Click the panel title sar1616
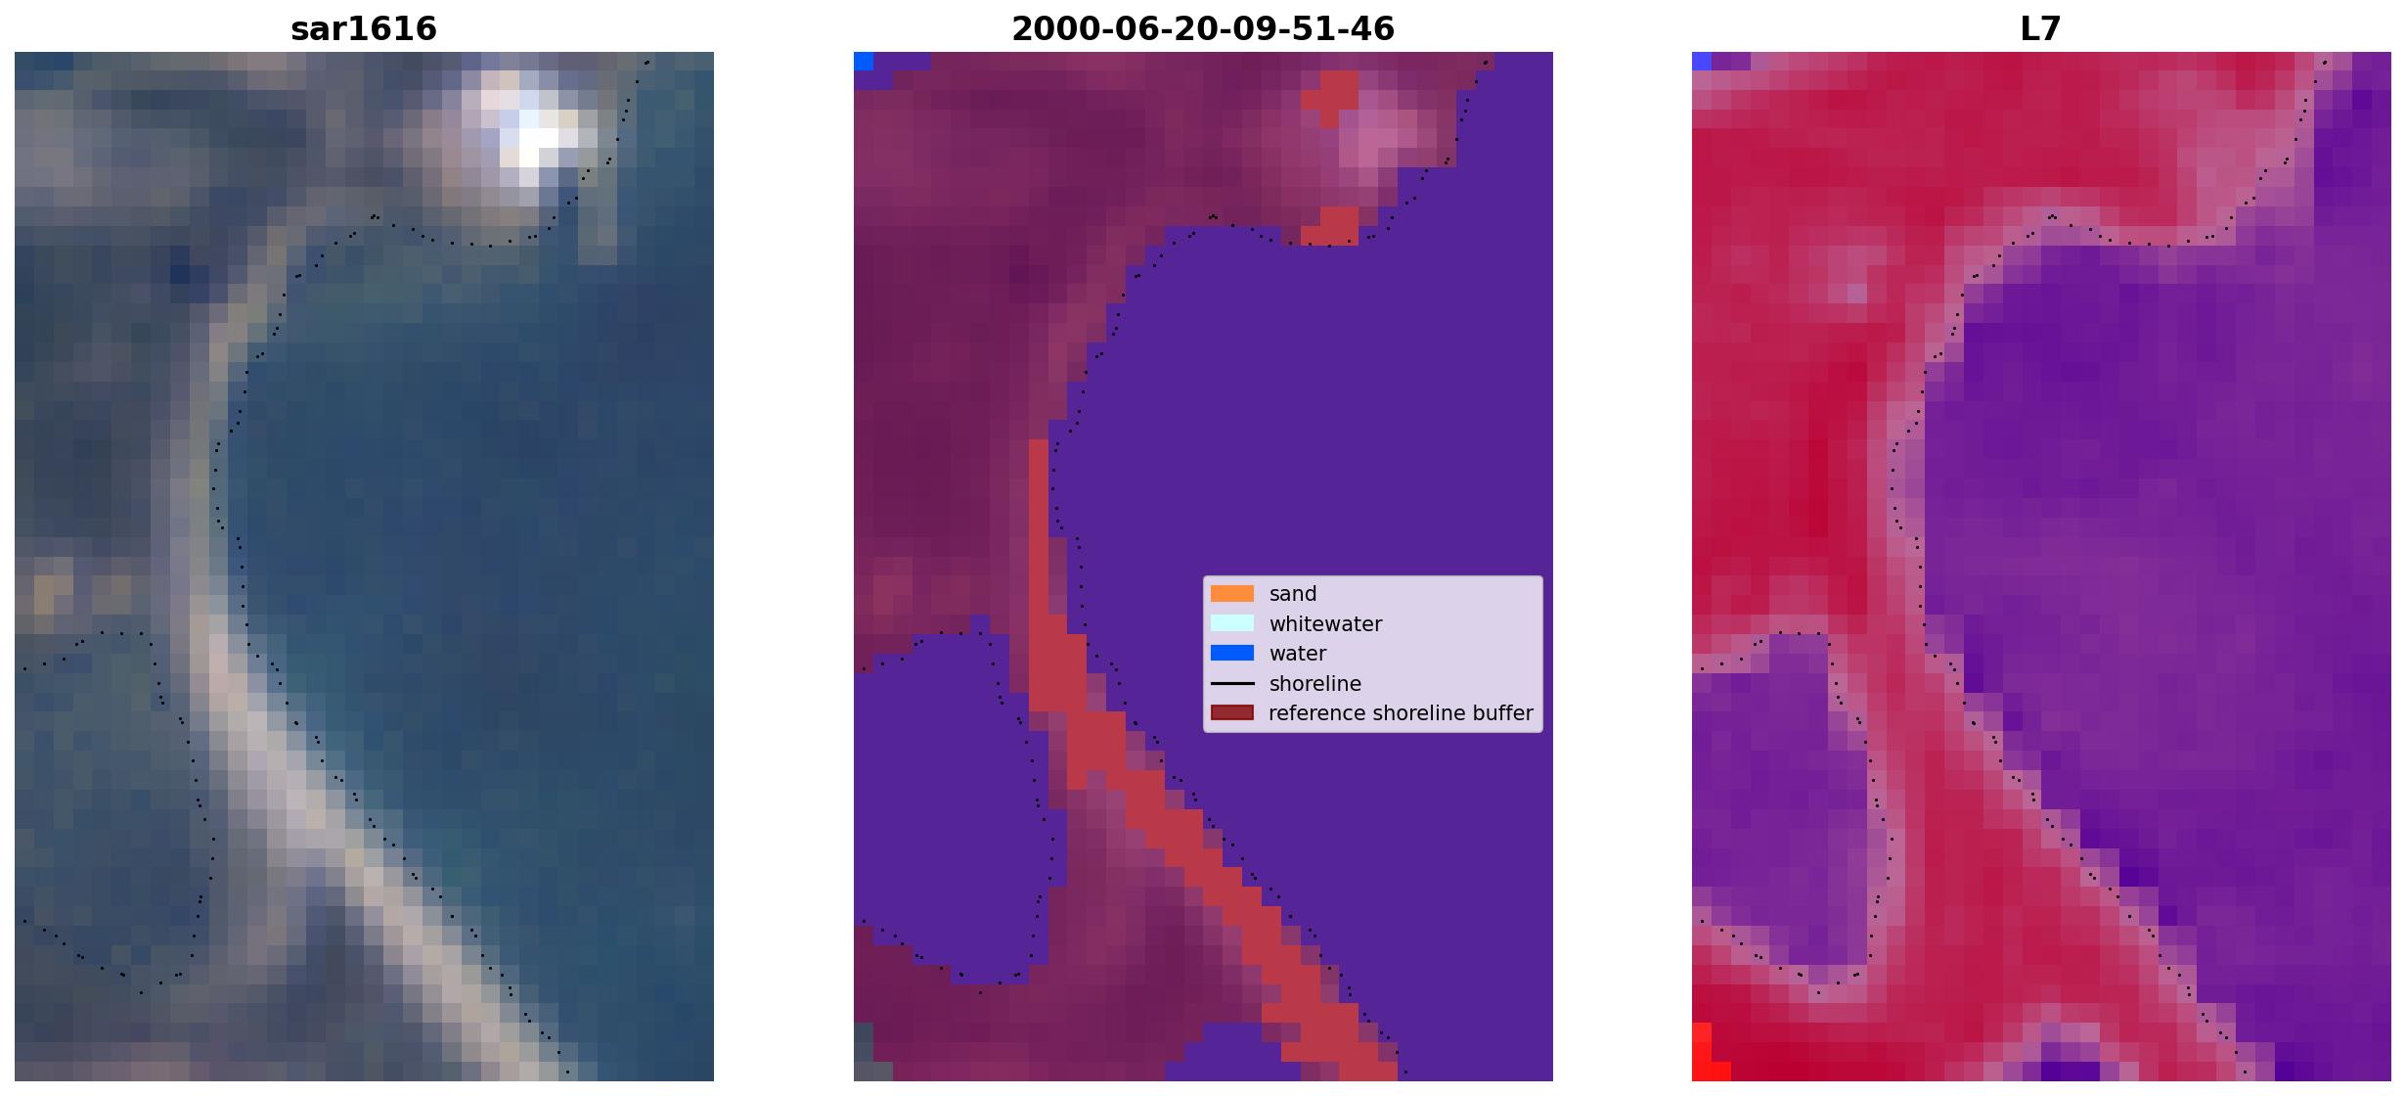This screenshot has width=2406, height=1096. [364, 28]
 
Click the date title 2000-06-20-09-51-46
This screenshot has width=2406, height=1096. [1203, 28]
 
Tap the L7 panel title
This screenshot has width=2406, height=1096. [2041, 28]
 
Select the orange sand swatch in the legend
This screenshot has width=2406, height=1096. [1232, 594]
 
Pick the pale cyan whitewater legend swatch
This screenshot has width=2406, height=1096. [1232, 623]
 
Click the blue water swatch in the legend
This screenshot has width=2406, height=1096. [1232, 654]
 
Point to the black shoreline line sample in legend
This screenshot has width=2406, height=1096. [1232, 684]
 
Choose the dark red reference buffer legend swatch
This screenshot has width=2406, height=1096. [1232, 713]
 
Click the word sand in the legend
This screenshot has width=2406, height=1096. [1293, 594]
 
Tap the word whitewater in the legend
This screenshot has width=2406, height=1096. [1325, 624]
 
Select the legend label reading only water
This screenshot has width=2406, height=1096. [1298, 654]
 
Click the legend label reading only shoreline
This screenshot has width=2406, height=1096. [1315, 684]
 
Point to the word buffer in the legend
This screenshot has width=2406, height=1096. [1500, 713]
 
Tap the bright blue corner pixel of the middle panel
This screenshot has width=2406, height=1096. [864, 61]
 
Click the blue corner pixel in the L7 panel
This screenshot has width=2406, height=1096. [1702, 61]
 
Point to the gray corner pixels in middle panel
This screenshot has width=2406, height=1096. [864, 1052]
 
